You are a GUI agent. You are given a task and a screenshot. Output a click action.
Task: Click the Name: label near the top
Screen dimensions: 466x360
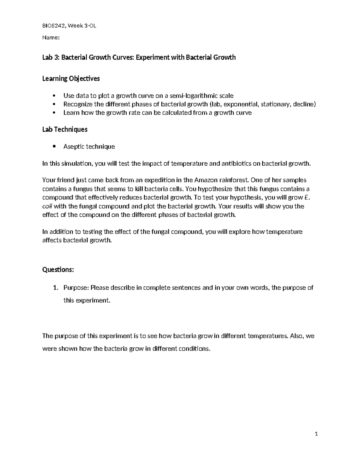click(x=51, y=38)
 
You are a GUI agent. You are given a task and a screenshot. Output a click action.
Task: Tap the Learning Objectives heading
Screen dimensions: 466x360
click(x=71, y=79)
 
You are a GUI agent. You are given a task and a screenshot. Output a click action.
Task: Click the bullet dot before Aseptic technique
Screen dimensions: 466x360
click(x=54, y=146)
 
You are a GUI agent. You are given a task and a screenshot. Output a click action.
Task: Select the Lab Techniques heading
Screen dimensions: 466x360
click(x=65, y=129)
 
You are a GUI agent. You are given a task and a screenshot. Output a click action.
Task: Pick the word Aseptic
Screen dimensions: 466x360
click(x=74, y=146)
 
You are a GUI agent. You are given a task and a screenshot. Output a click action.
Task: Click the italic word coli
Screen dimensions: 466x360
click(x=47, y=206)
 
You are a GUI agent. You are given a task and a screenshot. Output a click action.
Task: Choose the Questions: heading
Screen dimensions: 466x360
click(x=58, y=269)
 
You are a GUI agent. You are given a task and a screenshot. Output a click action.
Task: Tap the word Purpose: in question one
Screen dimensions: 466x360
click(x=76, y=288)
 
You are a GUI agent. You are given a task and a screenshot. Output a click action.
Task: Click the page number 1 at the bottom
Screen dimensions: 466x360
click(x=316, y=434)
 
